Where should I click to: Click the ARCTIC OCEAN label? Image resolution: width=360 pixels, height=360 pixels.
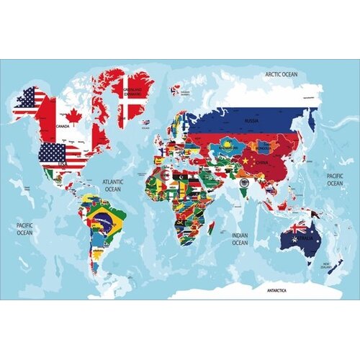coord(280,73)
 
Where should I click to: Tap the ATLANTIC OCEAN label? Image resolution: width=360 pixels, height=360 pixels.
coord(113,185)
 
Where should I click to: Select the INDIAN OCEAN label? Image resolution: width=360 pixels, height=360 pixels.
coord(240,238)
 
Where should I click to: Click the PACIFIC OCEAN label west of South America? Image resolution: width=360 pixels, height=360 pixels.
coord(25,229)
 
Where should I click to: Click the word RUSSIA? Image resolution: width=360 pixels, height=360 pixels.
coord(251,121)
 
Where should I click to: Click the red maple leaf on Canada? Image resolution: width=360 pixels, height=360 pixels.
coord(72,116)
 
